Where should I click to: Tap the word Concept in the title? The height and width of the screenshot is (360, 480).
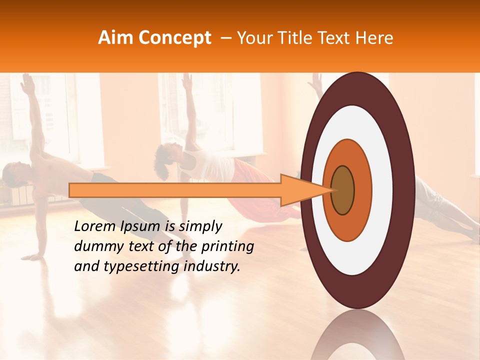click(174, 38)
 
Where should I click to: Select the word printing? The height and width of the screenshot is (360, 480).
click(228, 246)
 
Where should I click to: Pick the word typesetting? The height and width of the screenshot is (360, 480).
click(136, 266)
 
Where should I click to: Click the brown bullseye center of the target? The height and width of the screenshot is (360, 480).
click(343, 190)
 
